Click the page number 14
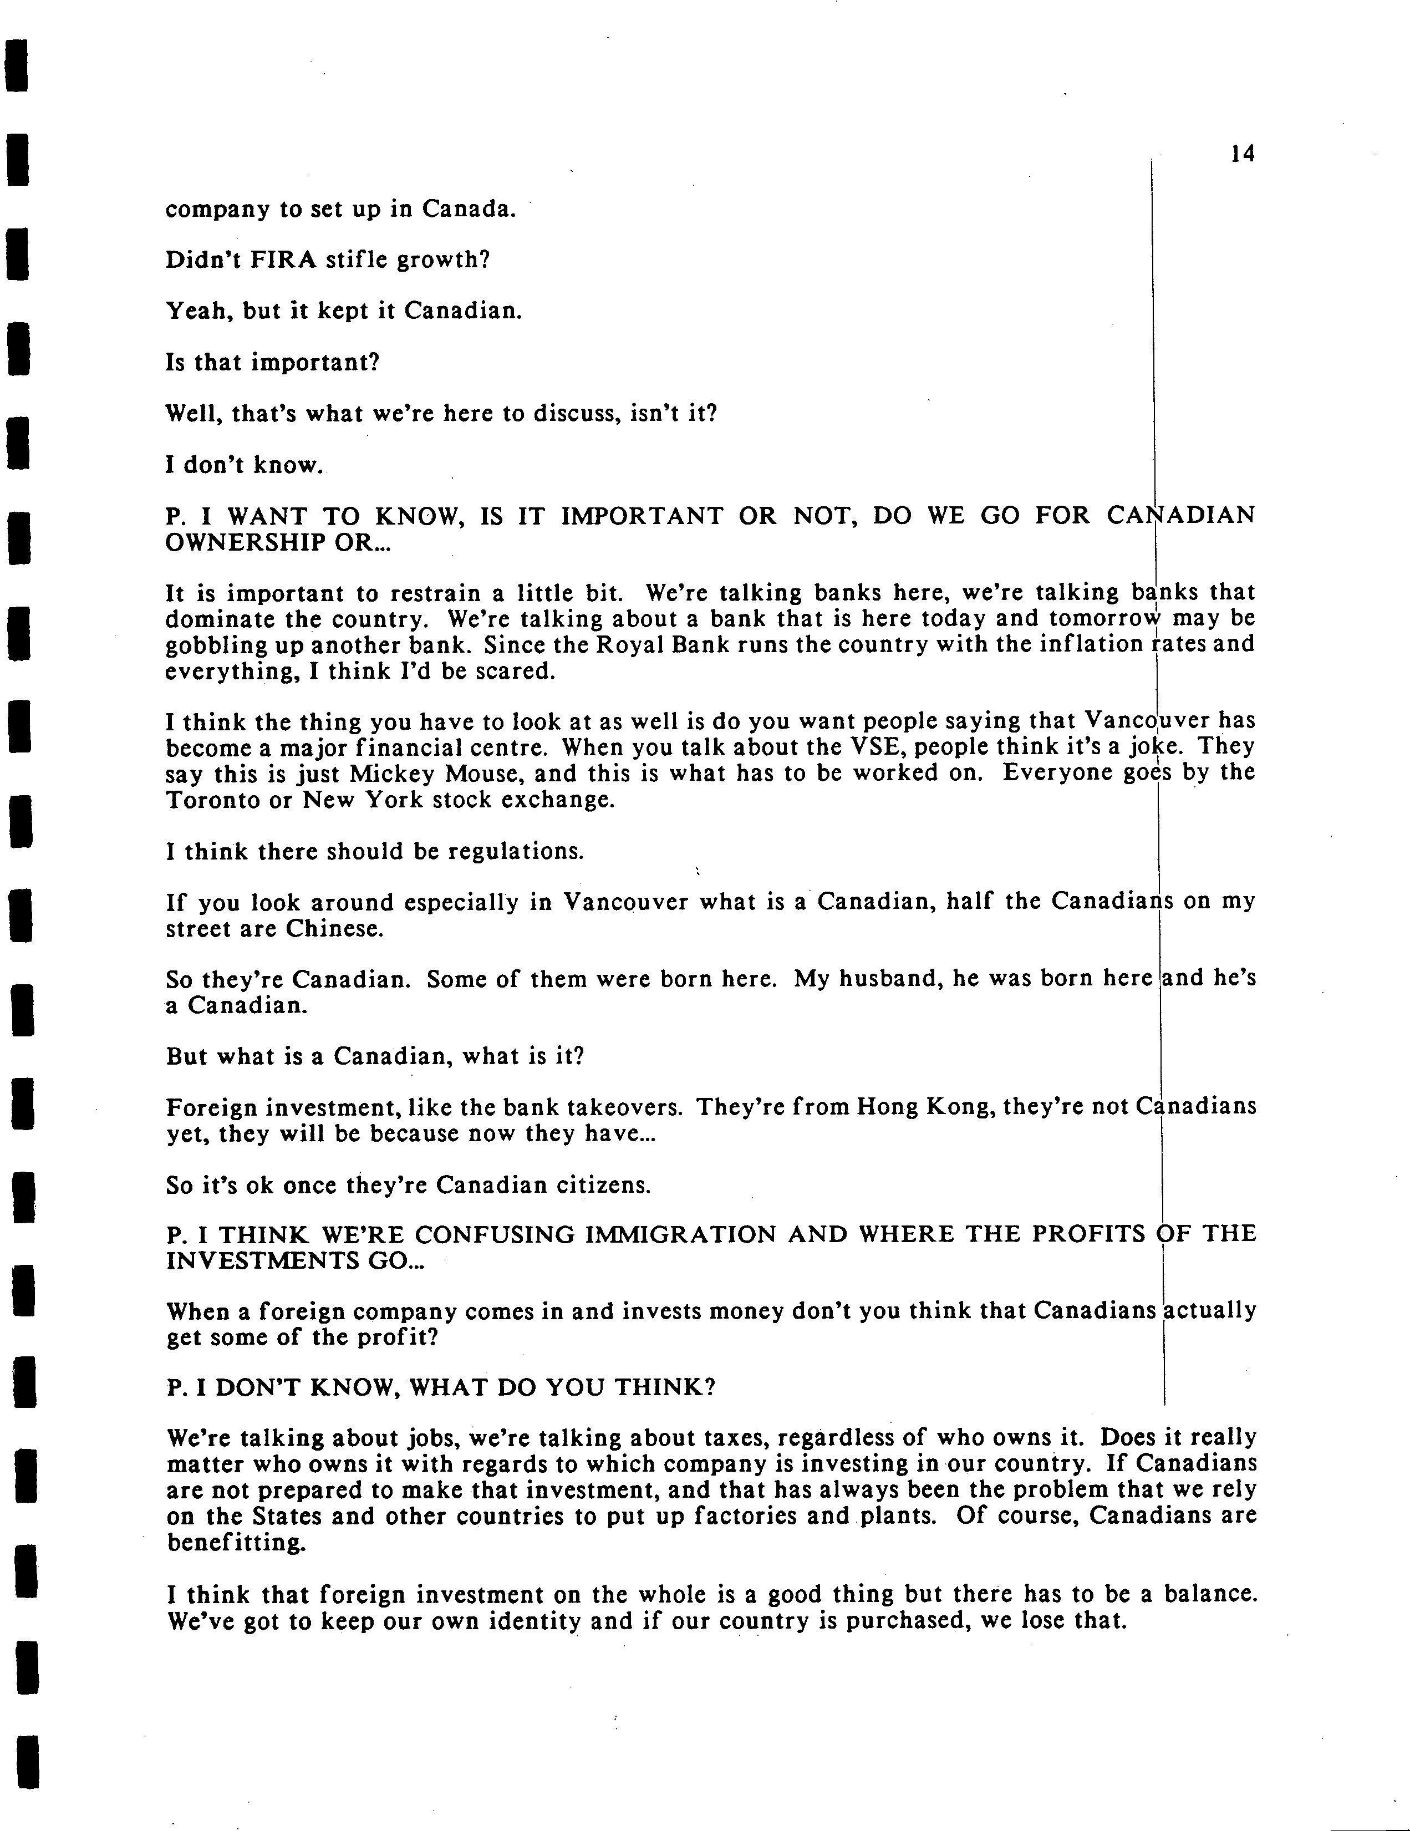(1243, 154)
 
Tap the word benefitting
(236, 1543)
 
